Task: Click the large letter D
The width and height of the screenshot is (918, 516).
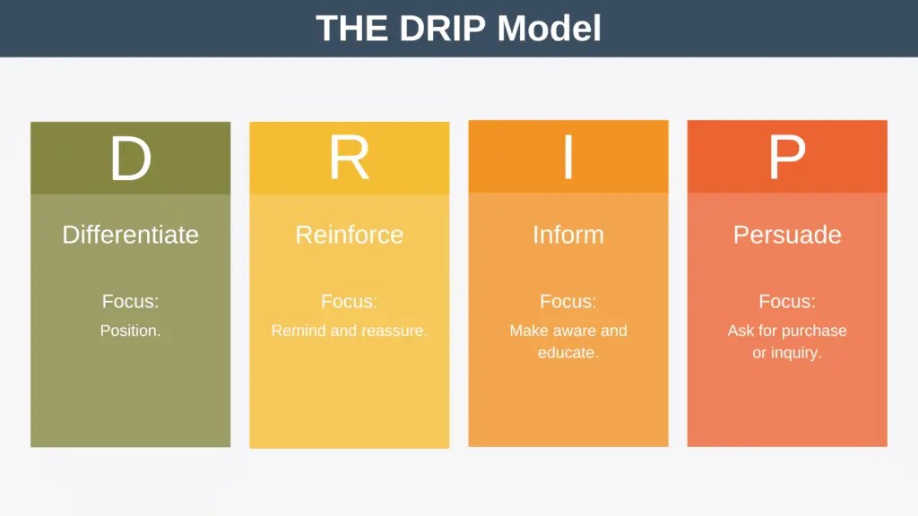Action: (131, 159)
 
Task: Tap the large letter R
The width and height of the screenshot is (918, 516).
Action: (349, 159)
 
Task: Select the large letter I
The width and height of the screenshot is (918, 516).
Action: (567, 158)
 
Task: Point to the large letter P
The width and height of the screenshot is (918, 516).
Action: (786, 159)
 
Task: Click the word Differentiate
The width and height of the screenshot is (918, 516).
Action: (130, 235)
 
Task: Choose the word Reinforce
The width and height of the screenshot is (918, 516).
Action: (349, 235)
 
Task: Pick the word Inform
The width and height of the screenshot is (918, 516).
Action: (567, 235)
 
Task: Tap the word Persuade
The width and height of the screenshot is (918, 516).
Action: (787, 235)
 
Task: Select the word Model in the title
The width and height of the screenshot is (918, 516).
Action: (549, 29)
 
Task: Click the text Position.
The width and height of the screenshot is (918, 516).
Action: (130, 331)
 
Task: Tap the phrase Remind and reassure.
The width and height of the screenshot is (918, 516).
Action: (349, 331)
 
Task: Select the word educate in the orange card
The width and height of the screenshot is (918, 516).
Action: (567, 353)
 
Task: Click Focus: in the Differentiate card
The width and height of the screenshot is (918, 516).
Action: (130, 302)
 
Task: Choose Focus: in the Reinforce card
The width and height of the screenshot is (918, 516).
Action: (349, 302)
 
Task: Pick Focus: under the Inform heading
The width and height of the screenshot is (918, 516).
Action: (567, 302)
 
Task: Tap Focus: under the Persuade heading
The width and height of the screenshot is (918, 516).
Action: (787, 302)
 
